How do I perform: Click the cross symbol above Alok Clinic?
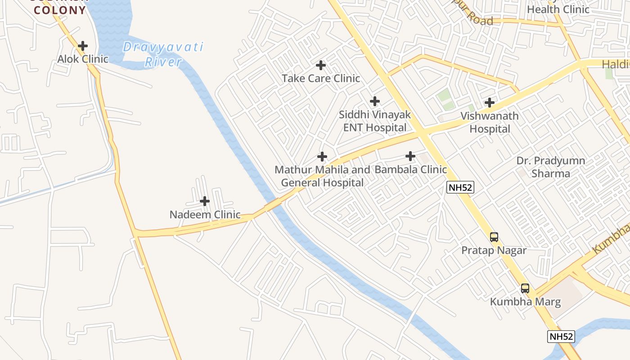click(x=83, y=46)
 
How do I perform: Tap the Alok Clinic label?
click(x=83, y=59)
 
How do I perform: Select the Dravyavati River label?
click(x=163, y=54)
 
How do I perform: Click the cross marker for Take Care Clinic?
click(x=321, y=66)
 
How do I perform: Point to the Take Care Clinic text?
click(x=321, y=78)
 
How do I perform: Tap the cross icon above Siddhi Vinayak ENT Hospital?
click(x=374, y=102)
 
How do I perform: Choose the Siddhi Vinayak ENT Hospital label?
click(x=374, y=121)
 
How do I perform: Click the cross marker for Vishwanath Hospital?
click(x=490, y=103)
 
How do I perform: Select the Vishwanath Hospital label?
click(x=490, y=122)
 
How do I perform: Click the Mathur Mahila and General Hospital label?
click(x=322, y=176)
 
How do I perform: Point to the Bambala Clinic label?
click(x=410, y=170)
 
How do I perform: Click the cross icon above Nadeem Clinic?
click(x=205, y=201)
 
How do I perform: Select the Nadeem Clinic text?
click(x=205, y=215)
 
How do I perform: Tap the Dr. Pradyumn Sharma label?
click(x=551, y=167)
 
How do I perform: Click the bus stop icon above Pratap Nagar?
click(x=494, y=237)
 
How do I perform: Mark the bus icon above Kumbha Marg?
click(x=525, y=288)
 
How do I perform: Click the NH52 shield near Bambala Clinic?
click(x=460, y=187)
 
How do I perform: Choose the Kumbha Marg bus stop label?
click(x=525, y=301)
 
